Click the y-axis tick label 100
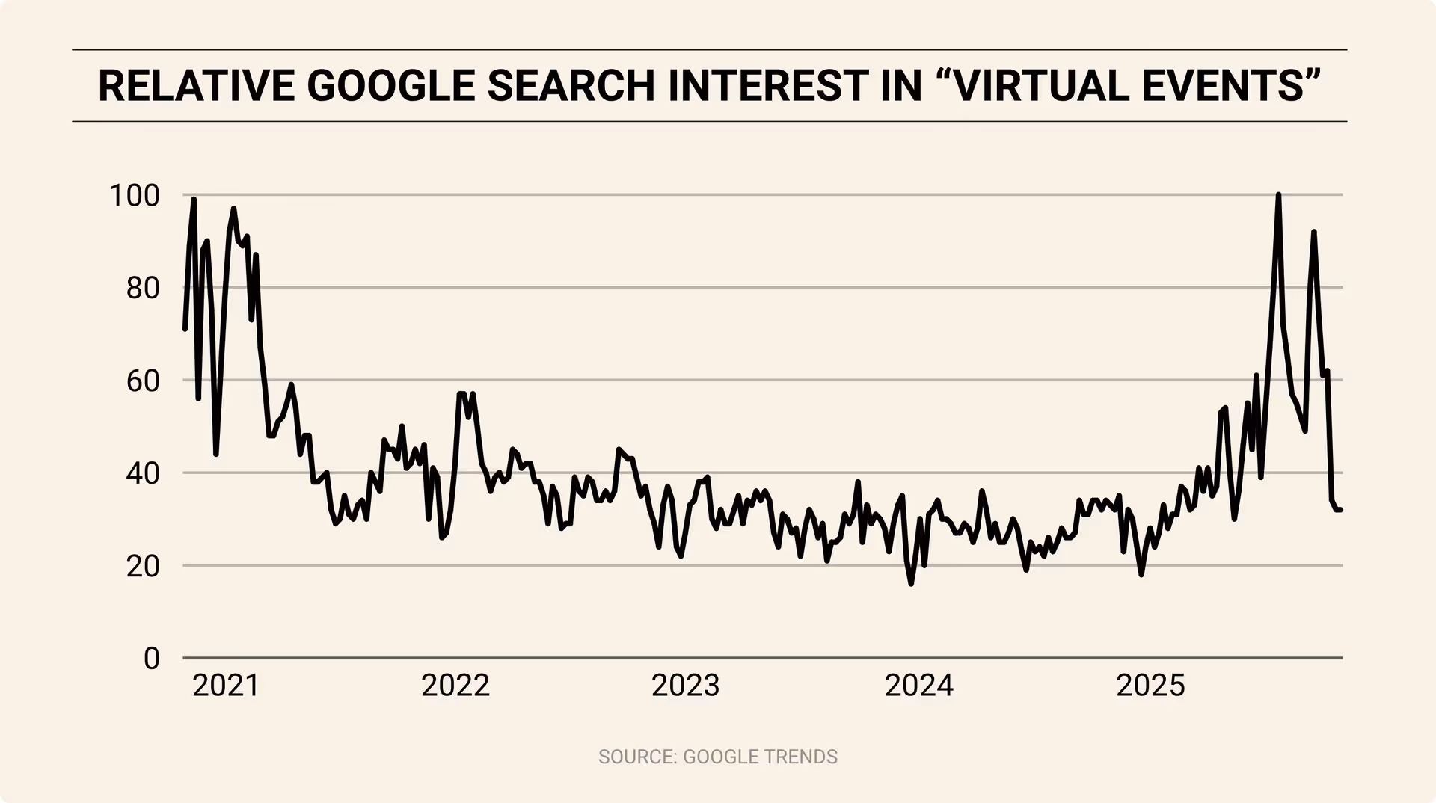[x=135, y=196]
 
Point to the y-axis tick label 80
[x=143, y=288]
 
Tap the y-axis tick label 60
[x=143, y=381]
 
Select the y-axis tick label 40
[x=143, y=473]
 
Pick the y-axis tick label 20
[x=143, y=566]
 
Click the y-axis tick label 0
[x=152, y=659]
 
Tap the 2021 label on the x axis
[x=226, y=686]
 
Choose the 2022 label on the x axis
[x=455, y=686]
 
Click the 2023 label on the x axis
[x=685, y=686]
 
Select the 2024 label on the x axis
[x=919, y=686]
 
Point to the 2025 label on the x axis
[x=1150, y=686]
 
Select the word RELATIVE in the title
[x=196, y=86]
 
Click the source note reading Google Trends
[x=717, y=757]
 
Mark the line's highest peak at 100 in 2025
[x=1278, y=195]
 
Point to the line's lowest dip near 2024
[x=911, y=583]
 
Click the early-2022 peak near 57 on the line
[x=461, y=393]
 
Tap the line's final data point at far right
[x=1340, y=510]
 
